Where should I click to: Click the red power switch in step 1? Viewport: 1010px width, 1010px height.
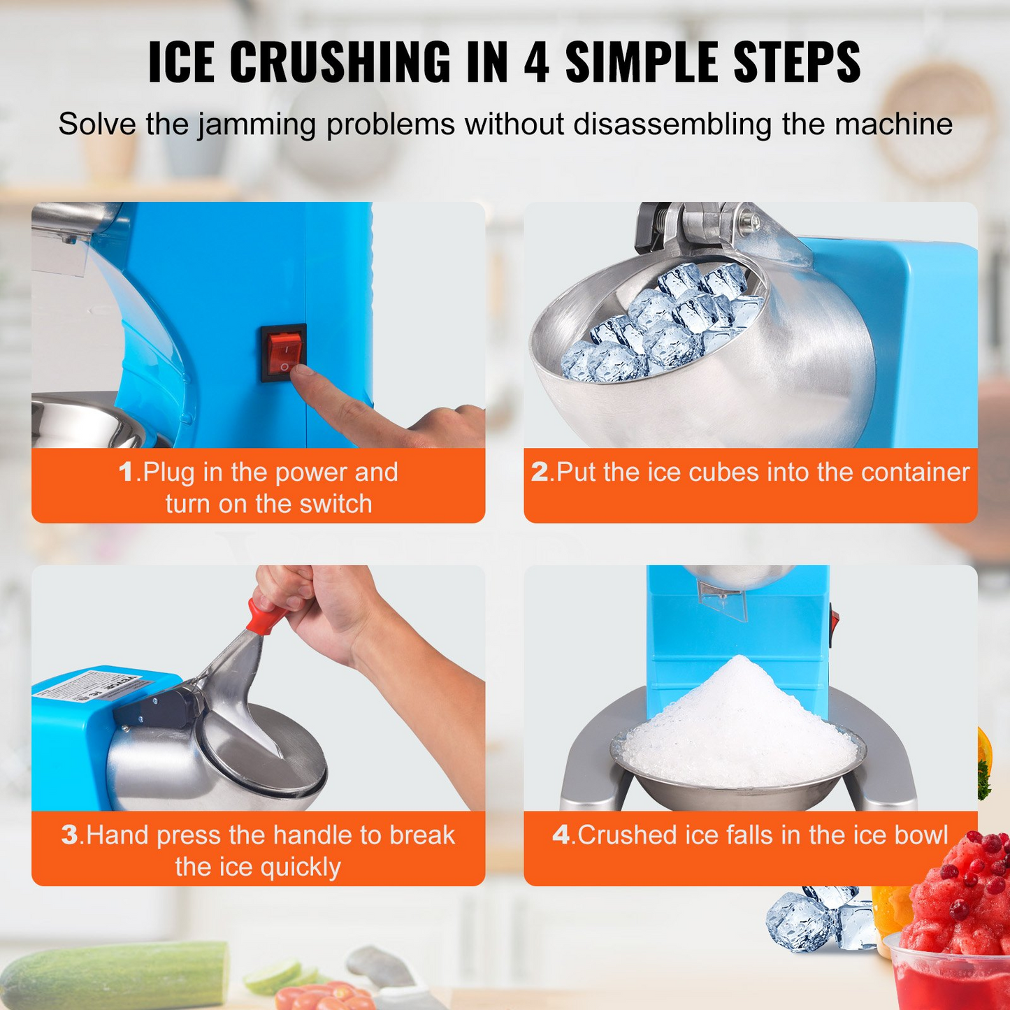tap(284, 352)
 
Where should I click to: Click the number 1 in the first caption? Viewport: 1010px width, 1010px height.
tap(126, 472)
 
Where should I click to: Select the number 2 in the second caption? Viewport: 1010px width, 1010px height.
tap(539, 472)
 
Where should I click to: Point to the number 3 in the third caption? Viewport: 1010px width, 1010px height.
tap(69, 835)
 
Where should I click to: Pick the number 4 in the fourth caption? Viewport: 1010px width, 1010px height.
tap(561, 835)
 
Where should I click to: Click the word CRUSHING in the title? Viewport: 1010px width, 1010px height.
tap(340, 62)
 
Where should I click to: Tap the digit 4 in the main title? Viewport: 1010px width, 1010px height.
tap(536, 62)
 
